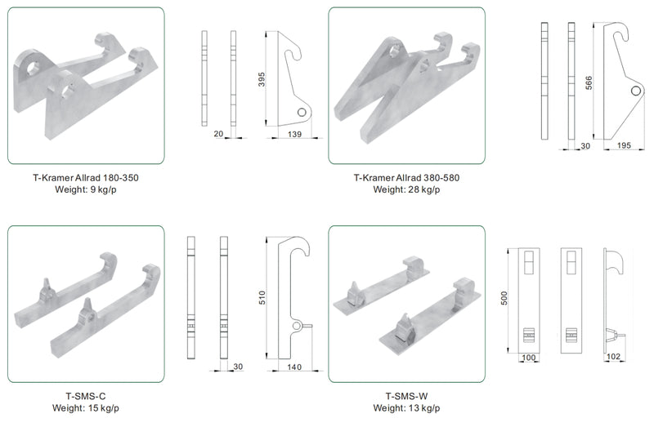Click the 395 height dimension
tap(262, 79)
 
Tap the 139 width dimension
tap(294, 134)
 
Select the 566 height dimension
tap(589, 83)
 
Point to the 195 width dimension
tap(624, 145)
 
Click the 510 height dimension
tap(262, 298)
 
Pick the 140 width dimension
tap(294, 367)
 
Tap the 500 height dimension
tap(504, 298)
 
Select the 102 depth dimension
tap(613, 357)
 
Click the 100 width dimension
tap(528, 358)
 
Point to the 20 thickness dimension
tap(218, 134)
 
